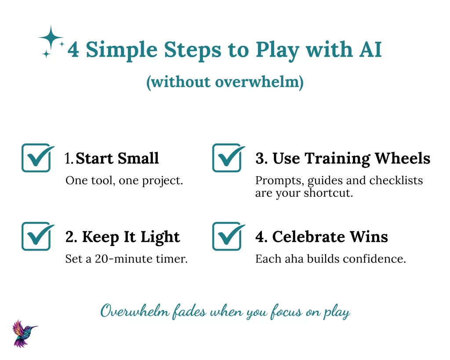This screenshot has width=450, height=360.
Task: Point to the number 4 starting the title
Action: (73, 50)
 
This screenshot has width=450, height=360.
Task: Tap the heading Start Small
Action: (117, 158)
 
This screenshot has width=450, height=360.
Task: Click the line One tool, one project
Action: (124, 181)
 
